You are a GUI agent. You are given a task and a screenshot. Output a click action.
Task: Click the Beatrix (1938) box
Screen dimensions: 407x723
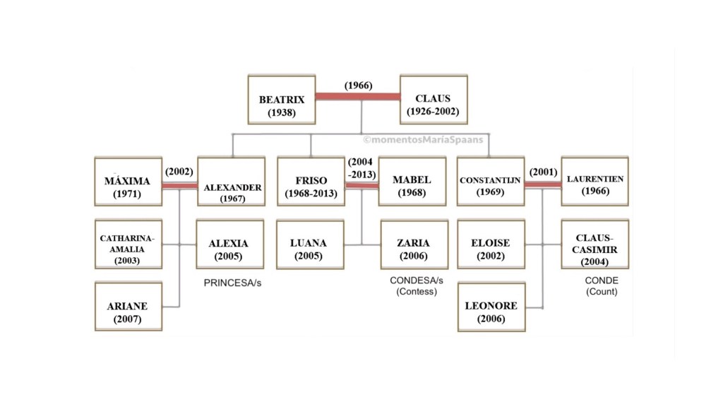click(282, 100)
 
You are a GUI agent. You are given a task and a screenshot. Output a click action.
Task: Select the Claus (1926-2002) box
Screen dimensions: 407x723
click(433, 100)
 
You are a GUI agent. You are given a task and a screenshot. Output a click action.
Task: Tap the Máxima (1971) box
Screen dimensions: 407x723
click(128, 182)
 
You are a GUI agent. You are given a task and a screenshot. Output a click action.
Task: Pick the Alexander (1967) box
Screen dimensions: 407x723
click(231, 182)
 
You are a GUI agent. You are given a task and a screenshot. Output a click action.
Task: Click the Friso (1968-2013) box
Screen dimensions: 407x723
click(311, 182)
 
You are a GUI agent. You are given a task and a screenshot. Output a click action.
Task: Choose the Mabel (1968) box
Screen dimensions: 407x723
click(412, 182)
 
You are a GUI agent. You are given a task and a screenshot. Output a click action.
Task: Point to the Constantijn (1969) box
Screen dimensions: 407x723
click(491, 182)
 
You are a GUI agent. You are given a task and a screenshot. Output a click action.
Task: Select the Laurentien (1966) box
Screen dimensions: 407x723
click(594, 182)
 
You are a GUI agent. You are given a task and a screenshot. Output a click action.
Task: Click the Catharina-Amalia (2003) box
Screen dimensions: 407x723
click(128, 244)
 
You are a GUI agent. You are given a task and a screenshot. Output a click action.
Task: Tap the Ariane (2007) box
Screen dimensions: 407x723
click(128, 307)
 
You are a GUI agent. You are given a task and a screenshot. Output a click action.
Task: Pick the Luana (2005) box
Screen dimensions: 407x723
click(310, 244)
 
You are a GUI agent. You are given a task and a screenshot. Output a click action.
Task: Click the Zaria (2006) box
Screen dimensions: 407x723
click(414, 244)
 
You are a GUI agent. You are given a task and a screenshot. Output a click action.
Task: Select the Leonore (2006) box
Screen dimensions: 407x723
click(491, 307)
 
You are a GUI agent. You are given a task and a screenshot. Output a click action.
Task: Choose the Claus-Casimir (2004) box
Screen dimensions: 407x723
click(594, 244)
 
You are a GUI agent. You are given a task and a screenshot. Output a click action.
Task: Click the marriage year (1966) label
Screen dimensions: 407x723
click(359, 85)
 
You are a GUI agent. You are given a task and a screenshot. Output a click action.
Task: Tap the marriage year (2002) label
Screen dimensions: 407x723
click(179, 172)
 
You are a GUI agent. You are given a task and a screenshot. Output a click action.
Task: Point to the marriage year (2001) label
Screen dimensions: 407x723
click(542, 172)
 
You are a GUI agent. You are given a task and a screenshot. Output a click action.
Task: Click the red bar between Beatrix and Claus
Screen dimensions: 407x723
click(357, 97)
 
